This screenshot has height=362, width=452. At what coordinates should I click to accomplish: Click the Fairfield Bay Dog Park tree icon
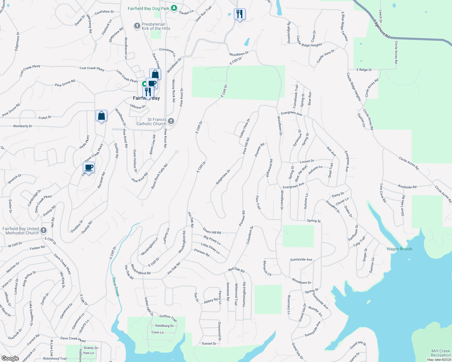point(174,8)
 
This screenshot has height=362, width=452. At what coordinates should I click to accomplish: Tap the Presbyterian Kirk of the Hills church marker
point(137,26)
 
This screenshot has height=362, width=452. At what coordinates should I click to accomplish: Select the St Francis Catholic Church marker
point(171,121)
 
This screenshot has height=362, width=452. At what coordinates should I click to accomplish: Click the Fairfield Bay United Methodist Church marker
point(44,231)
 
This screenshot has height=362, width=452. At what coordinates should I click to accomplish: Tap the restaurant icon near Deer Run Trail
point(239,14)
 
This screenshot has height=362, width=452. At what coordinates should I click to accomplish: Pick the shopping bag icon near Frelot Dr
point(102,116)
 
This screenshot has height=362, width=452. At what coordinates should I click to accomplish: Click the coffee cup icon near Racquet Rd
point(89,167)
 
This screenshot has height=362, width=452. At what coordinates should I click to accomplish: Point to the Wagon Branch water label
point(399,249)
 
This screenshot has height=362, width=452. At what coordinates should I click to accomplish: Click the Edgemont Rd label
point(381,29)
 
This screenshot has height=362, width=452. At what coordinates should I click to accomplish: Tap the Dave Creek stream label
point(116,287)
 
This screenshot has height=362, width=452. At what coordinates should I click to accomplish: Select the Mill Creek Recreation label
point(441,353)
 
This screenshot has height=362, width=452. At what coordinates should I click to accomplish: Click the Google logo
point(10,358)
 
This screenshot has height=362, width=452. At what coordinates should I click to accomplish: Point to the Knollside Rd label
point(407,187)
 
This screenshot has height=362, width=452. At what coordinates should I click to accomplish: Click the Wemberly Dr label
point(23,126)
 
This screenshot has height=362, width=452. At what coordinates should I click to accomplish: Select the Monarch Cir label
point(267,268)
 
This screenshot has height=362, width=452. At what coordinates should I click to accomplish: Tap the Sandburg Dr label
point(164,326)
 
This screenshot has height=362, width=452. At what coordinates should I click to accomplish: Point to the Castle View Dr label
point(325,56)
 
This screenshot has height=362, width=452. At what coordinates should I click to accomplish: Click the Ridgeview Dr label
point(223,177)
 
